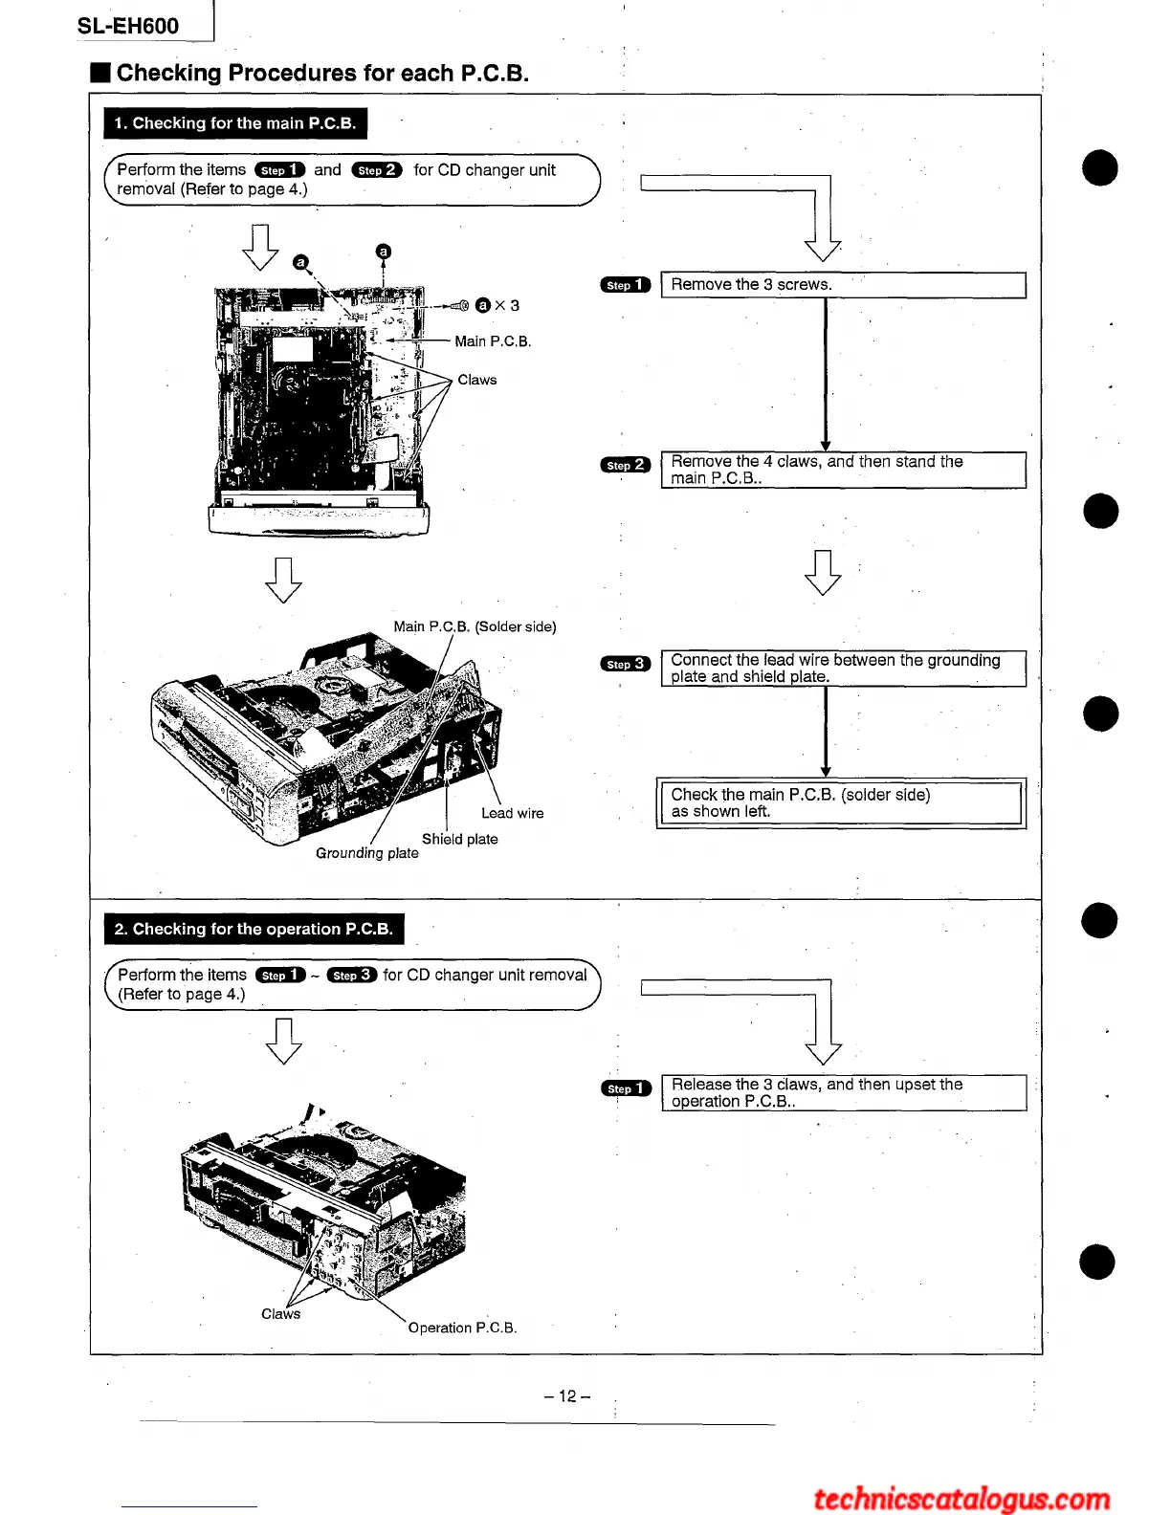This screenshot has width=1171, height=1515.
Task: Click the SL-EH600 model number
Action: (x=128, y=26)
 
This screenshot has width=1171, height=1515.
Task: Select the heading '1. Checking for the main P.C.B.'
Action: (x=234, y=123)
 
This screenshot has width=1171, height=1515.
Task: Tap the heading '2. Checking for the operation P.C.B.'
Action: (x=254, y=929)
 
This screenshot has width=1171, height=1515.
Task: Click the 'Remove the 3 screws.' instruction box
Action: (x=843, y=285)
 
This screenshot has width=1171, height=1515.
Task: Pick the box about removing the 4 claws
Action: (x=843, y=470)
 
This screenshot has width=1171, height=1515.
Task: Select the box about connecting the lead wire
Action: (x=843, y=669)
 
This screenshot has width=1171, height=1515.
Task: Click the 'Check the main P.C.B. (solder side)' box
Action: (x=841, y=803)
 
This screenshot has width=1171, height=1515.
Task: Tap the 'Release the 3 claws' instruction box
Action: (x=843, y=1092)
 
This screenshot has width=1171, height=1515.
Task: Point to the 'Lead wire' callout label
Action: (x=512, y=814)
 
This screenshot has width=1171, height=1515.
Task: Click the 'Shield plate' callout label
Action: (x=459, y=839)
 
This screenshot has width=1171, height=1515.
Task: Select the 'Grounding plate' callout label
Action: (x=367, y=853)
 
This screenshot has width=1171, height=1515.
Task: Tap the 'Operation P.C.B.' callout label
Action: (x=462, y=1328)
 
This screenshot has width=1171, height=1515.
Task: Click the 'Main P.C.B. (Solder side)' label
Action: (x=475, y=626)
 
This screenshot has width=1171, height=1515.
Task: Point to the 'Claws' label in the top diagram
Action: (x=476, y=380)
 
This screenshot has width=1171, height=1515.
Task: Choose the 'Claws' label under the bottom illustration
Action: (x=280, y=1314)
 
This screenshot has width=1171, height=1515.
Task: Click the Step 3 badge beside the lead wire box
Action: (x=626, y=664)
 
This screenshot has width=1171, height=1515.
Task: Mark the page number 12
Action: (x=567, y=1396)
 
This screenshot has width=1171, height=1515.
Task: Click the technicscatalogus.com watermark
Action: (x=961, y=1498)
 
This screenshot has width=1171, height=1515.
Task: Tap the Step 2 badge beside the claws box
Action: (x=626, y=465)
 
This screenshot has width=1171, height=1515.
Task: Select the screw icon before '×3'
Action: (x=458, y=305)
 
